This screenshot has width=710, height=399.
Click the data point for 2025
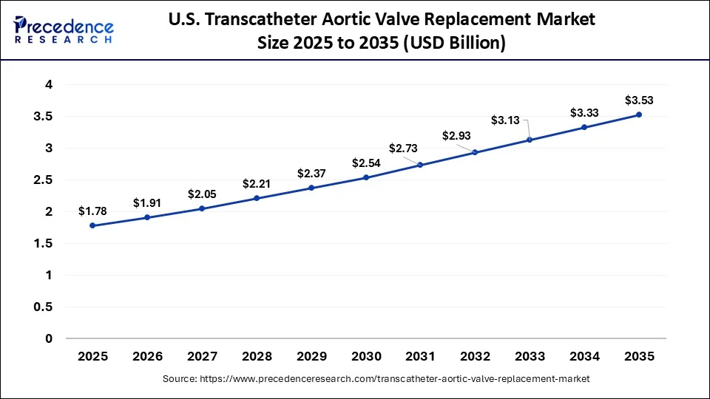pos(92,225)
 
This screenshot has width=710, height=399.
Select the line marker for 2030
pos(365,177)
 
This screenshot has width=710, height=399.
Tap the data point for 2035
pos(639,115)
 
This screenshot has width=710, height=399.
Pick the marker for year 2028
pos(257,198)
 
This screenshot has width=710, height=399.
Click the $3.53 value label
pos(639,100)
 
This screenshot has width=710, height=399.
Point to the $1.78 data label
pos(92,211)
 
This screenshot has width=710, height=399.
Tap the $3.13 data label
pos(507,120)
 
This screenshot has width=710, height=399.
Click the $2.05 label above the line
pos(202,194)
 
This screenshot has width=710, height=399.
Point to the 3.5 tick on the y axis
pos(43,117)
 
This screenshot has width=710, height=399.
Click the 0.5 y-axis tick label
pos(43,307)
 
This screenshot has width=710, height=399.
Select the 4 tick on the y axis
pos(49,85)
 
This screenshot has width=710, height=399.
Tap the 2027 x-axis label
pos(202,356)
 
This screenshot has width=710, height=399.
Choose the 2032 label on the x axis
pos(475,356)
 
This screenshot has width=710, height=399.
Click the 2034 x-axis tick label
pos(584,356)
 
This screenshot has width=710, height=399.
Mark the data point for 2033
pos(530,140)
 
